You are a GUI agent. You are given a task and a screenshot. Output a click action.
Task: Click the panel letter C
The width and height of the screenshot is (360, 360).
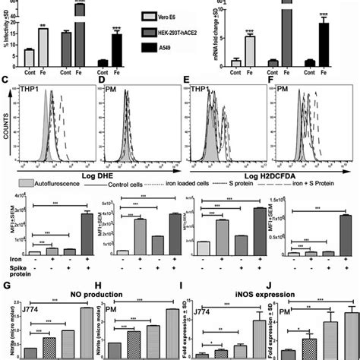tap(6, 77)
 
